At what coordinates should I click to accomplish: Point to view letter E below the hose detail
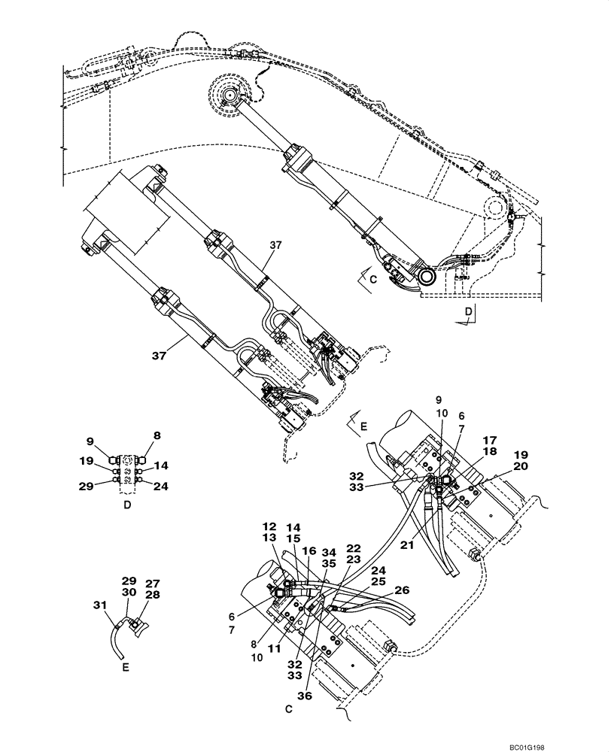[126, 665]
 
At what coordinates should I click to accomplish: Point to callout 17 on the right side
[489, 439]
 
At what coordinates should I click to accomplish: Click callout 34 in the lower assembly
[328, 553]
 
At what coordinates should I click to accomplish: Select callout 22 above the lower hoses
[354, 548]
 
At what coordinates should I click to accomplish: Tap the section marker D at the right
[467, 310]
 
